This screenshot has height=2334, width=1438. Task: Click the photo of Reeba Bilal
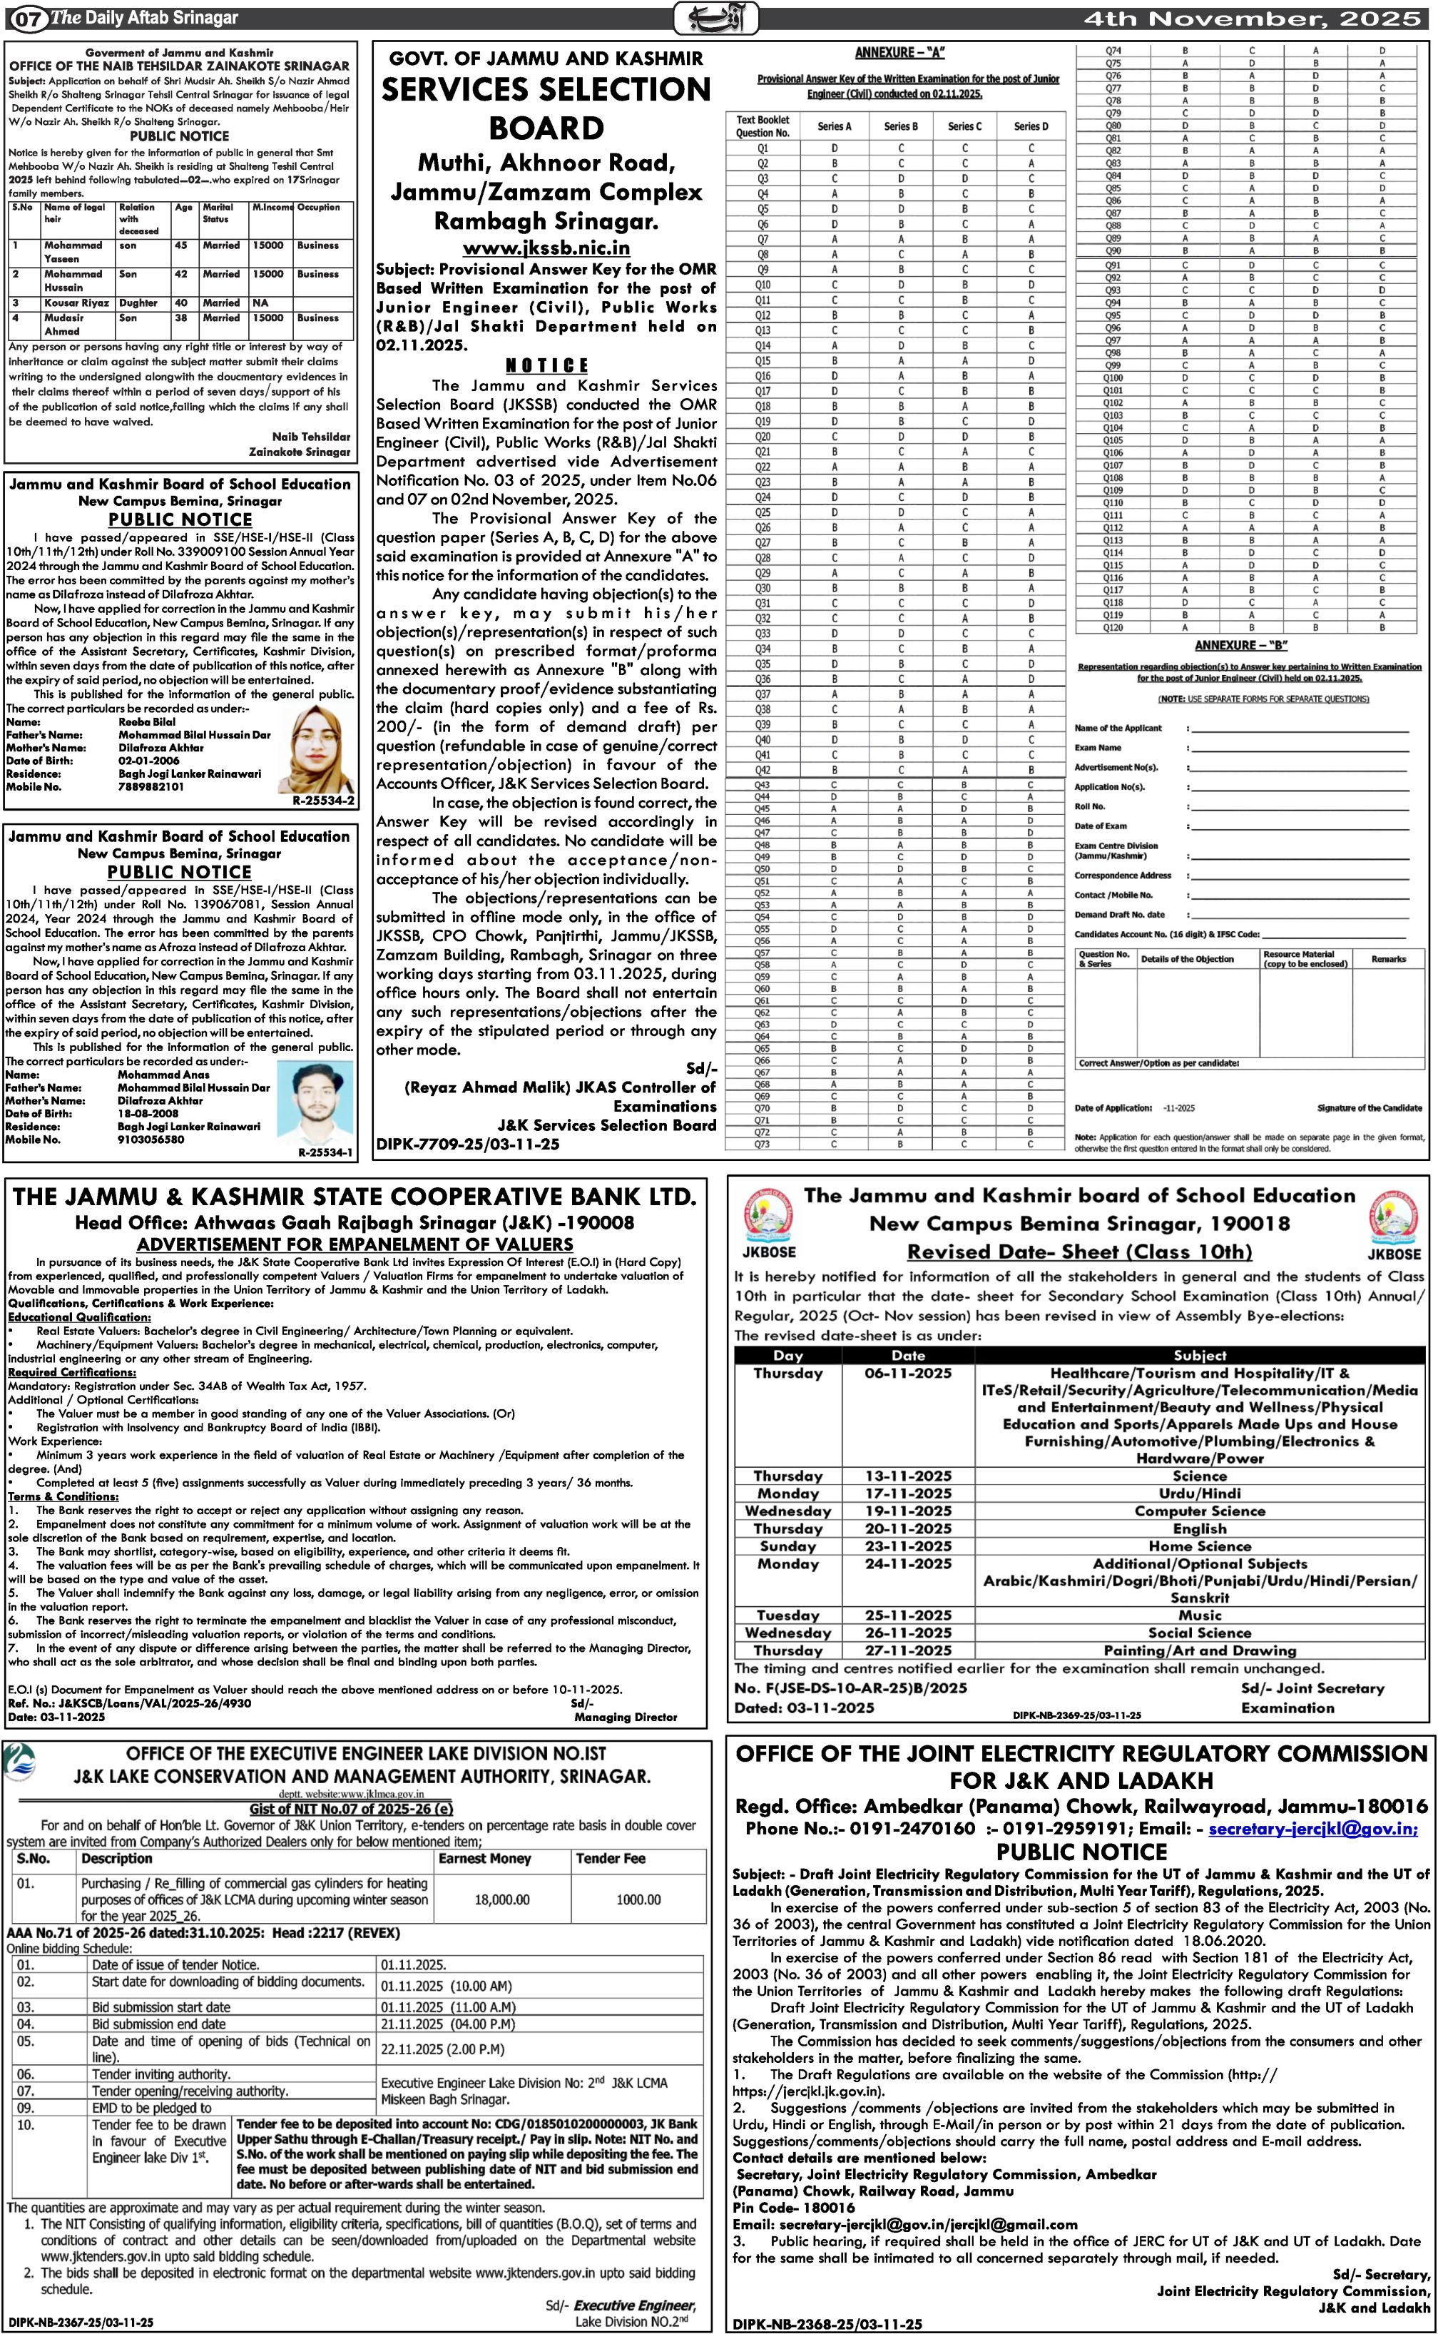tap(316, 749)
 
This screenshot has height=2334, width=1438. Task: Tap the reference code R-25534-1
tap(325, 1153)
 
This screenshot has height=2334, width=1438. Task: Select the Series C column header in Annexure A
tap(964, 126)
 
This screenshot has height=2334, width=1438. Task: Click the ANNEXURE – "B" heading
tap(1241, 645)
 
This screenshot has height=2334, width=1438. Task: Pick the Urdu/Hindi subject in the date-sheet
tap(1198, 1493)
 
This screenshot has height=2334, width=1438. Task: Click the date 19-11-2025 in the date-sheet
tap(907, 1511)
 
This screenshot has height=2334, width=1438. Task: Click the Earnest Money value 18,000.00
tap(501, 1899)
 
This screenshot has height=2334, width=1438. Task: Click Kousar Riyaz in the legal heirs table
tap(76, 303)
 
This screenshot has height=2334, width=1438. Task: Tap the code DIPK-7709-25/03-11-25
tap(468, 1145)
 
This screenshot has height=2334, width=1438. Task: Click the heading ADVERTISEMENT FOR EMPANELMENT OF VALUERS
tap(355, 1244)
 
